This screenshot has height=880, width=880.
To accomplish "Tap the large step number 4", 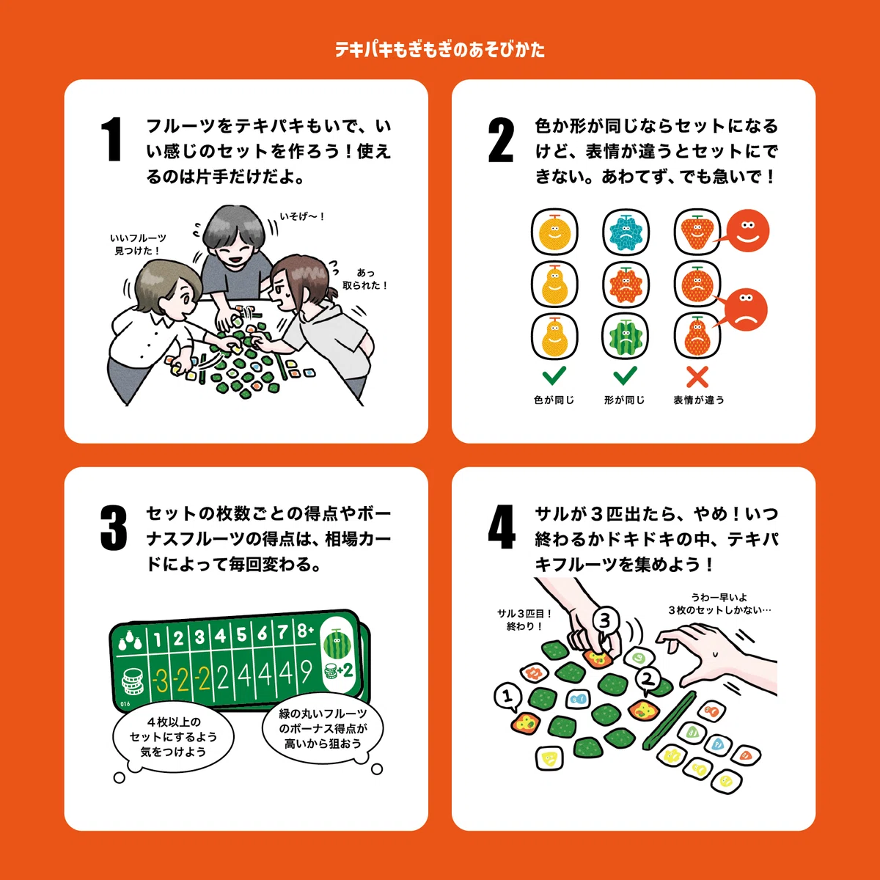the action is coord(502,527).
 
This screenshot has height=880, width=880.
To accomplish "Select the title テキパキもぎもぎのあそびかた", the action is coord(440,50).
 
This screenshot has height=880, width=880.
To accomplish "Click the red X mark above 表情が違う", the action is coord(697,377).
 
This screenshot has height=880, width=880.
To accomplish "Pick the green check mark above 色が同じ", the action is coord(554,375).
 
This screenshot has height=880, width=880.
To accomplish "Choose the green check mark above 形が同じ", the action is coord(626,375).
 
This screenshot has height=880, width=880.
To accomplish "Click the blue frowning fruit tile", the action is coord(626,232).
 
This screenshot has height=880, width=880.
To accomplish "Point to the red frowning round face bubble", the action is coord(746,309).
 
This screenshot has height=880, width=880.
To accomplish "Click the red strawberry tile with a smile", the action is coord(697,232).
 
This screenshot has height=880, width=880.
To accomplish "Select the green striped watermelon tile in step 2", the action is coord(626,337).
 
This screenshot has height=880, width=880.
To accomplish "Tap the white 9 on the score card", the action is coord(306,672).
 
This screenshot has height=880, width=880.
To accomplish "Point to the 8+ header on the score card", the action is coord(305,631).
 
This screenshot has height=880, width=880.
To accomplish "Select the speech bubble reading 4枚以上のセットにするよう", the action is coord(172,737).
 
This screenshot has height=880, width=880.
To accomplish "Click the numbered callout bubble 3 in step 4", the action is coord(604,621).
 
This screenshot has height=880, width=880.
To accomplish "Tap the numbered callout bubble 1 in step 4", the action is coord(507,697).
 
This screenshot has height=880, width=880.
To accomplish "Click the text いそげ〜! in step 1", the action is coord(302,216).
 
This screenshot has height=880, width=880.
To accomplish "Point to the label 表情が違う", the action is coord(699,400).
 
